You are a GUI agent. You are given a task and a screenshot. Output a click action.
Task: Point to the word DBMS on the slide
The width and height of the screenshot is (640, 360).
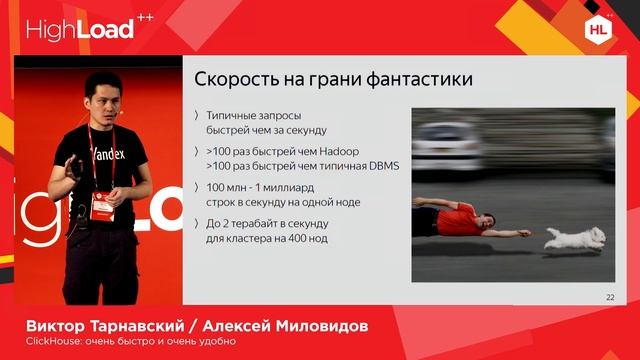(x=380, y=166)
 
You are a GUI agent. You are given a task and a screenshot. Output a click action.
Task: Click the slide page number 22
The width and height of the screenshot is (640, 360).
(x=610, y=297)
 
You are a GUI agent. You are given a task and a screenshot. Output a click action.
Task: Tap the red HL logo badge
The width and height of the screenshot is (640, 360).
(x=597, y=29)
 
